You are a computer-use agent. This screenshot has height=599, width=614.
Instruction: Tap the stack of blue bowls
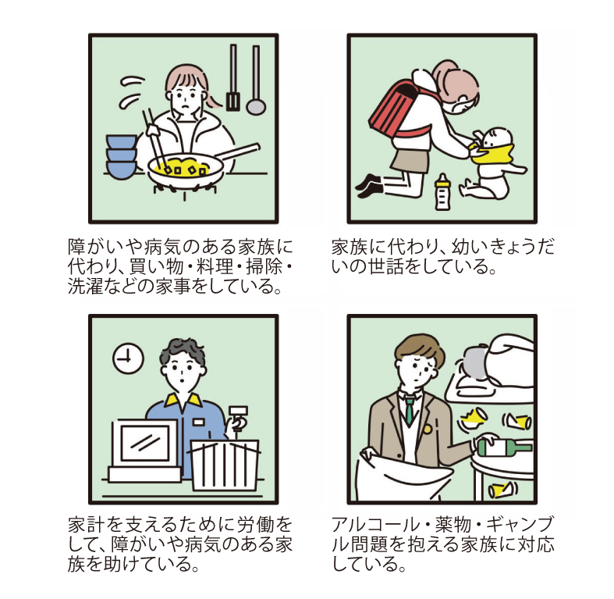pos(121,156)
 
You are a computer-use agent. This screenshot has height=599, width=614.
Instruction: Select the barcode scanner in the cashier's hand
pos(236,419)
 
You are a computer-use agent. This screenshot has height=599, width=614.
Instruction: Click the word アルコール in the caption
pos(379,524)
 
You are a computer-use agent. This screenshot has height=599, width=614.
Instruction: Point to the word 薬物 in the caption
pos(456,524)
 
